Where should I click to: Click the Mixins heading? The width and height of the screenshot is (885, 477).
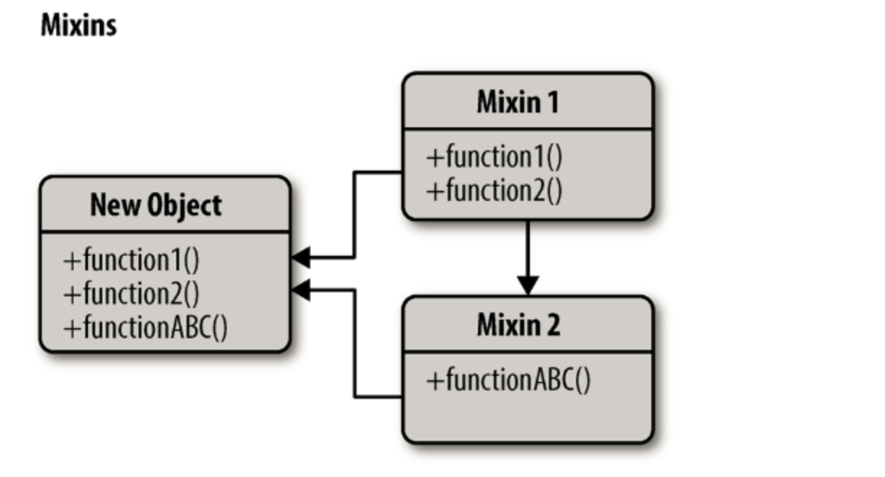(x=78, y=25)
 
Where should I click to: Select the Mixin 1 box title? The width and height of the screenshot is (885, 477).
(x=518, y=102)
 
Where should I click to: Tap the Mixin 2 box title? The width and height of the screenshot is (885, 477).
(x=518, y=325)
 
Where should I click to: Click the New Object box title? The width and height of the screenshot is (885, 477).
(x=155, y=205)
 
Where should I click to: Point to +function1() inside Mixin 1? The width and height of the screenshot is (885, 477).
(x=494, y=157)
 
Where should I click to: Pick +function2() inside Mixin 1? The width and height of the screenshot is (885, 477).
(x=494, y=191)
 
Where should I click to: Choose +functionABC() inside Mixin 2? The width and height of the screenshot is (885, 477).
(x=508, y=380)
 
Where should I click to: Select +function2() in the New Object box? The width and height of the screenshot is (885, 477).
(x=131, y=294)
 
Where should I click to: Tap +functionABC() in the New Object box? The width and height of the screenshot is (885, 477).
(x=145, y=328)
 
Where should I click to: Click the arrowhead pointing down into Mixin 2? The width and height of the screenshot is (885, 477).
(x=528, y=285)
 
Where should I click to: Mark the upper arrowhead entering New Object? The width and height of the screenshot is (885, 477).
(x=300, y=257)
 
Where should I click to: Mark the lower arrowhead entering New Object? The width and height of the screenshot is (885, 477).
(x=300, y=290)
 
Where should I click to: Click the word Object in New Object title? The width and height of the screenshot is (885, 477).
(x=184, y=205)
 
